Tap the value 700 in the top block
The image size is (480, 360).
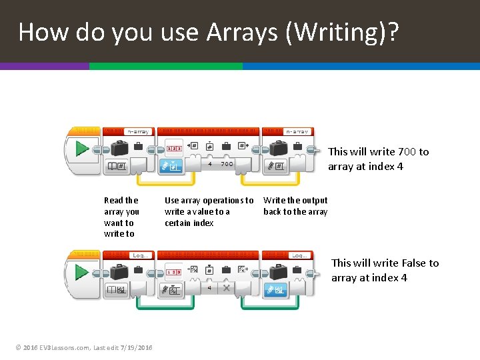pyautogui.click(x=227, y=163)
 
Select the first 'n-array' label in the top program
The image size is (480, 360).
pyautogui.click(x=138, y=132)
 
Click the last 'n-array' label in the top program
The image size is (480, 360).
pyautogui.click(x=297, y=132)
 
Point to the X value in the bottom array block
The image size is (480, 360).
pyautogui.click(x=227, y=287)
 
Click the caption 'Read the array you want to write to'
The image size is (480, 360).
pyautogui.click(x=121, y=217)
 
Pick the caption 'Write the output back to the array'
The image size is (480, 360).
pyautogui.click(x=295, y=206)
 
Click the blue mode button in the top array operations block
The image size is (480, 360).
pyautogui.click(x=173, y=165)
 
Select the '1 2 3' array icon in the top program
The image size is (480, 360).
pyautogui.click(x=174, y=148)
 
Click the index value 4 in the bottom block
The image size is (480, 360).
pyautogui.click(x=210, y=287)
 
